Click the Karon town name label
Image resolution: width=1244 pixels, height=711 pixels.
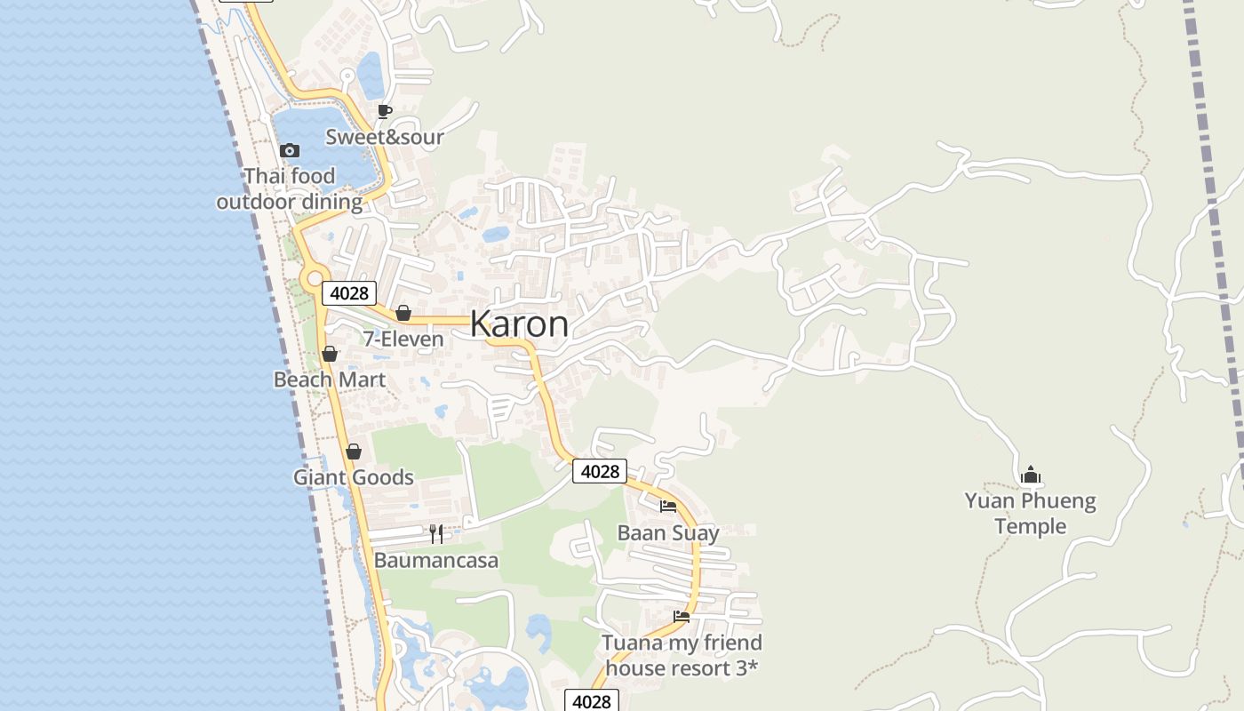(519, 324)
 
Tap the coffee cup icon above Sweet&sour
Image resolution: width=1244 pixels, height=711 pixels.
(385, 111)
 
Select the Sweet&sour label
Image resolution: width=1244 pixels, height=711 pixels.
(384, 137)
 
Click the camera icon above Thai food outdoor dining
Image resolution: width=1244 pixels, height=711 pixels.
(290, 150)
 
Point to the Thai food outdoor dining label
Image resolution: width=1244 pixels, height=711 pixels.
(290, 189)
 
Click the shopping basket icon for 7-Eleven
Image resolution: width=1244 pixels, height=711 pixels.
(403, 313)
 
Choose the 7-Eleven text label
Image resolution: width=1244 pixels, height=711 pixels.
(403, 340)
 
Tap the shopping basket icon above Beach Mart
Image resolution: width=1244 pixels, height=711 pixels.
(330, 354)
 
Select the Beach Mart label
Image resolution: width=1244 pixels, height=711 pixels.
(330, 379)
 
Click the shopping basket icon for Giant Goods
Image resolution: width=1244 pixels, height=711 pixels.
(354, 451)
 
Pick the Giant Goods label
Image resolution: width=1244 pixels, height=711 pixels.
(354, 477)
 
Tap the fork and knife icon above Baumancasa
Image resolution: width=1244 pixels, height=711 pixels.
(436, 533)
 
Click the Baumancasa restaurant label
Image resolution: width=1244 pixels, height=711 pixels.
(436, 561)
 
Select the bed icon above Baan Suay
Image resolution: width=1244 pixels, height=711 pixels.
(668, 507)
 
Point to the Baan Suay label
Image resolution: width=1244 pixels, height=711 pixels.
(668, 532)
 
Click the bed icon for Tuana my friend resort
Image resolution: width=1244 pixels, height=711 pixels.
(682, 616)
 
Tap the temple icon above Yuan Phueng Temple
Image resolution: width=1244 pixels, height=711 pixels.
(1031, 475)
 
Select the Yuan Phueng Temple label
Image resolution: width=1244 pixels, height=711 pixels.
(1031, 514)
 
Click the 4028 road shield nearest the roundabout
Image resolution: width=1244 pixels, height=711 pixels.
(349, 293)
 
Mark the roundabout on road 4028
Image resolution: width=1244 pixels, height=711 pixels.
(314, 279)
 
